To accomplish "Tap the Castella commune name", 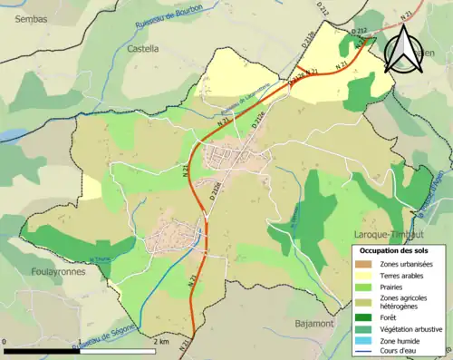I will click(143, 48).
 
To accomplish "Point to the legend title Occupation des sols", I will click(395, 249).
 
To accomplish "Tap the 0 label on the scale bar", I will click(6, 342).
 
